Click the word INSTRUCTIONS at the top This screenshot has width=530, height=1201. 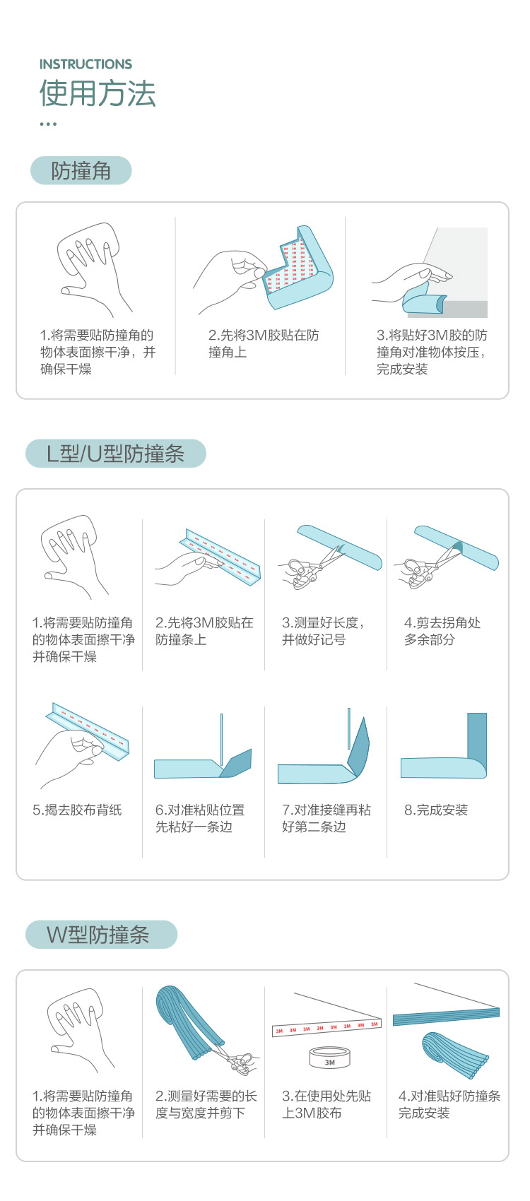pos(86,64)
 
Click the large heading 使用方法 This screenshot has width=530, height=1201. pos(98,93)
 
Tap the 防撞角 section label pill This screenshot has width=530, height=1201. pos(81,170)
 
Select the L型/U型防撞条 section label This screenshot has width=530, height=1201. pos(116,454)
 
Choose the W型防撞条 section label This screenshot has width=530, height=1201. pos(101,935)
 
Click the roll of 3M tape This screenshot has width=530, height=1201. pos(330,1057)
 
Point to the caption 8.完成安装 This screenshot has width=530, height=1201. pos(436,810)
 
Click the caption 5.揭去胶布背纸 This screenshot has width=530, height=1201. pos(77,810)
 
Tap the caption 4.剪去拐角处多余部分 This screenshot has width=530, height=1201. pos(442,631)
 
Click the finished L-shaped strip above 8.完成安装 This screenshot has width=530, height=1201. pos(444,746)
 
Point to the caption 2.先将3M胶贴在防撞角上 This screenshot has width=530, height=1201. pos(264,343)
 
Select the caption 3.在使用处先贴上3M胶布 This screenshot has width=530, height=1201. pos(326,1104)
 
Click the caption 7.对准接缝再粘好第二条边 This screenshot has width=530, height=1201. pos(326,818)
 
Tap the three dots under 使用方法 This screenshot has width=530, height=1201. pos(48,124)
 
